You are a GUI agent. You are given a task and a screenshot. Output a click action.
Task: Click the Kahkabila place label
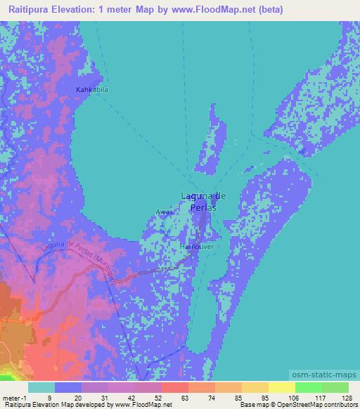click(x=94, y=90)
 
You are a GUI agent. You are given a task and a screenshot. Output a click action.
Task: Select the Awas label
click(x=164, y=212)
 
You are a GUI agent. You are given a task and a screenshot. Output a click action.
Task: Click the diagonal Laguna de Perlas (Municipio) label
click(x=79, y=262)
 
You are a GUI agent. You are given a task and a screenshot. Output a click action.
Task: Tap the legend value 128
click(x=347, y=397)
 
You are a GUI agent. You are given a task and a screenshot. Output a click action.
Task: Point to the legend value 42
click(x=121, y=397)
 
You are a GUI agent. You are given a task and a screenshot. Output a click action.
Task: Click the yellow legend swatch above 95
click(x=255, y=387)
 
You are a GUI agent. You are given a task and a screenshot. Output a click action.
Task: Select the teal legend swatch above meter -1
click(x=41, y=387)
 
